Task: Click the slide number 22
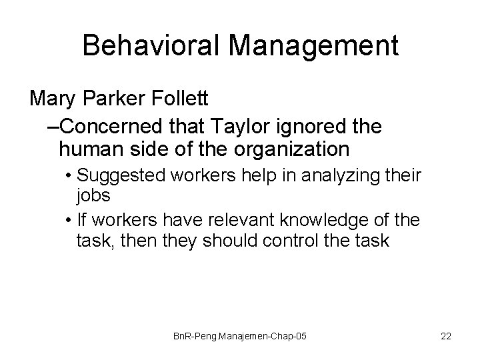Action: point(445,337)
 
